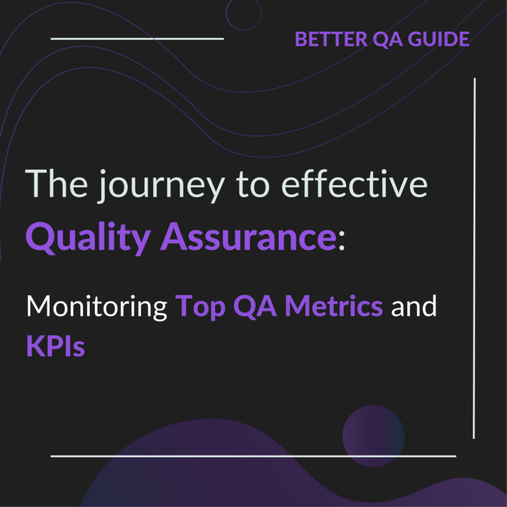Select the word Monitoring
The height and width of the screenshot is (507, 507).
point(96,308)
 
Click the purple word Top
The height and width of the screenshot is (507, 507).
point(198,308)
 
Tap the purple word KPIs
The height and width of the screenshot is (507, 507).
point(55,345)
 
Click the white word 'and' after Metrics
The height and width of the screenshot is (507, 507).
point(415,307)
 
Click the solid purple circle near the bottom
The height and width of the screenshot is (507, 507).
point(373,436)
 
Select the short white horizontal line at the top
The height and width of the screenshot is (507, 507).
point(137,38)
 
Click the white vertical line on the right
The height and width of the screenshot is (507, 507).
point(475,257)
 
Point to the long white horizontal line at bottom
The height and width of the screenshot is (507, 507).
point(253,456)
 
